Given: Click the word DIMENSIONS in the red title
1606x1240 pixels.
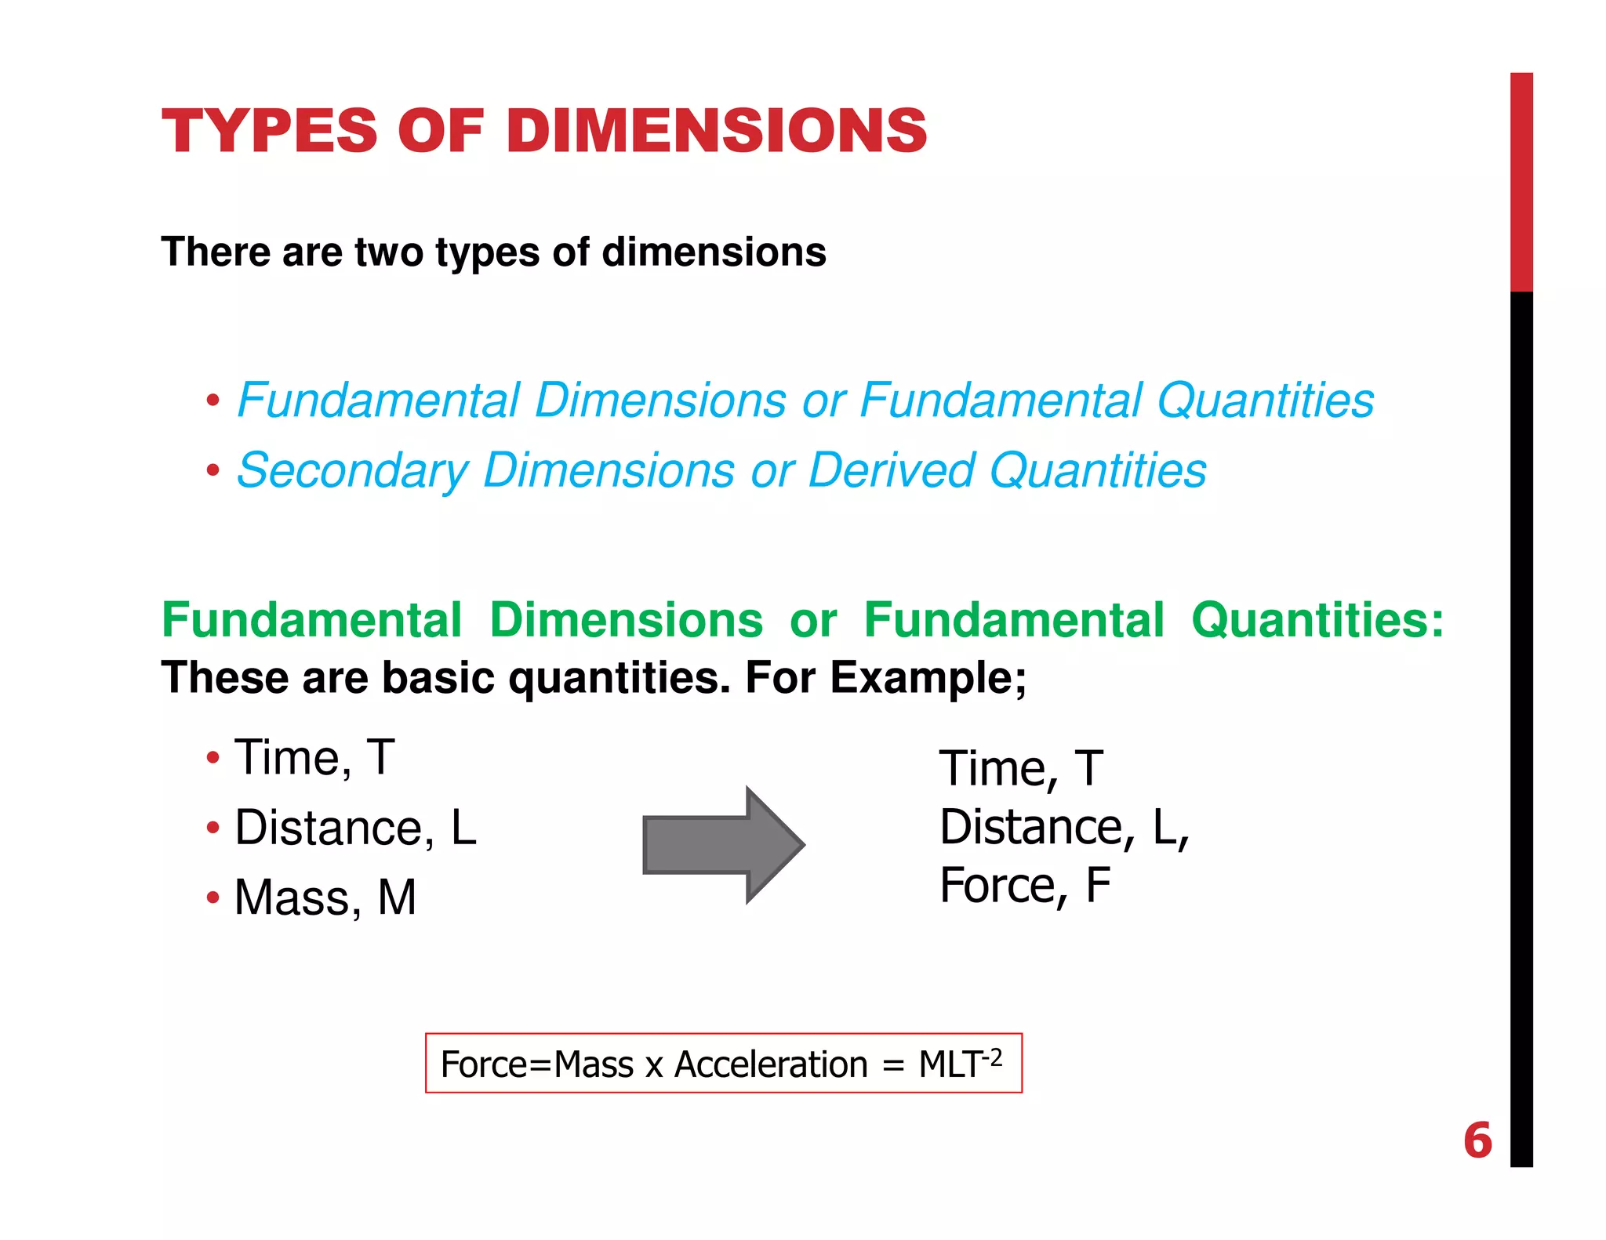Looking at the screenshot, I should tap(717, 130).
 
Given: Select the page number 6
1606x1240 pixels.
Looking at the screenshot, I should tap(1477, 1140).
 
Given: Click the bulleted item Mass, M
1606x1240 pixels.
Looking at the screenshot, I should tap(325, 897).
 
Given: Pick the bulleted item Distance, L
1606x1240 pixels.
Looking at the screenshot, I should tap(355, 828).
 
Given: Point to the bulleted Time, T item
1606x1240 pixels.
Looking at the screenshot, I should tap(314, 758).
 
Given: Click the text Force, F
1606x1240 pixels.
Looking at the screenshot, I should tap(1025, 886).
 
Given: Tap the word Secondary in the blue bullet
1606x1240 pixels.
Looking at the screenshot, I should tap(352, 471).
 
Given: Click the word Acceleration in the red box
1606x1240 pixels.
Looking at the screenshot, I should tap(771, 1064).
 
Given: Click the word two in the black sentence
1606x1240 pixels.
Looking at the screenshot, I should tap(389, 252).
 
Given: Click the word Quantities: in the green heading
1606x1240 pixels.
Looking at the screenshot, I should tap(1317, 620).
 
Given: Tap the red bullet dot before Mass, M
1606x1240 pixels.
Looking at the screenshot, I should tap(213, 897).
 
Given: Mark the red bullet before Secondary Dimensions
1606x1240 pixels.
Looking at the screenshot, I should tap(213, 471).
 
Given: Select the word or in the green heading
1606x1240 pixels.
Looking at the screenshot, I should tap(813, 620).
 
